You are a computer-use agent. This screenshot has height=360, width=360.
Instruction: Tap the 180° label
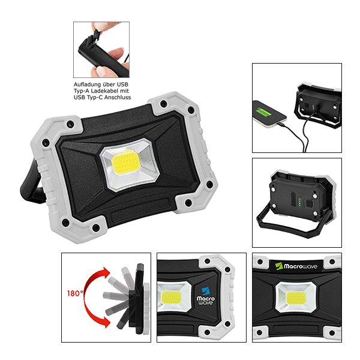(76, 294)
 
